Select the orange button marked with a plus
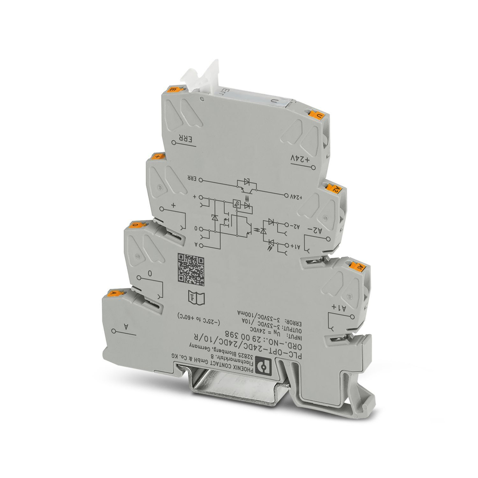tap(156, 156)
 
